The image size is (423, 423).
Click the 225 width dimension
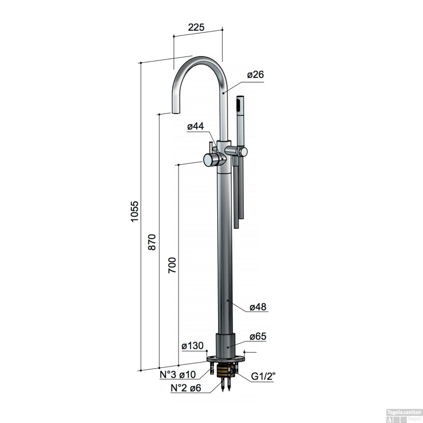coord(196,27)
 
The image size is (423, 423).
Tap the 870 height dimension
coord(152,242)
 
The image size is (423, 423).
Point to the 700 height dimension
coord(172,265)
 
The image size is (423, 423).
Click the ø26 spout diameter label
coord(255,75)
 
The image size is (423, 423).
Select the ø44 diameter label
coord(195,126)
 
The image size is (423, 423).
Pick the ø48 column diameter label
coord(258,307)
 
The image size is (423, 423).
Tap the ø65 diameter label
coord(258,336)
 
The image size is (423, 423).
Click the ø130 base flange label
coord(193,345)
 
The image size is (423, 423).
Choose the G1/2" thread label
coord(263,376)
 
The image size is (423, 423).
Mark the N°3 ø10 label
coord(178,374)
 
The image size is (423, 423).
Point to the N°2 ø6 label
coord(186,388)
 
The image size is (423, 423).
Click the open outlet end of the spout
coord(175,113)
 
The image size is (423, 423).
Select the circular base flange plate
coord(225,360)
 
